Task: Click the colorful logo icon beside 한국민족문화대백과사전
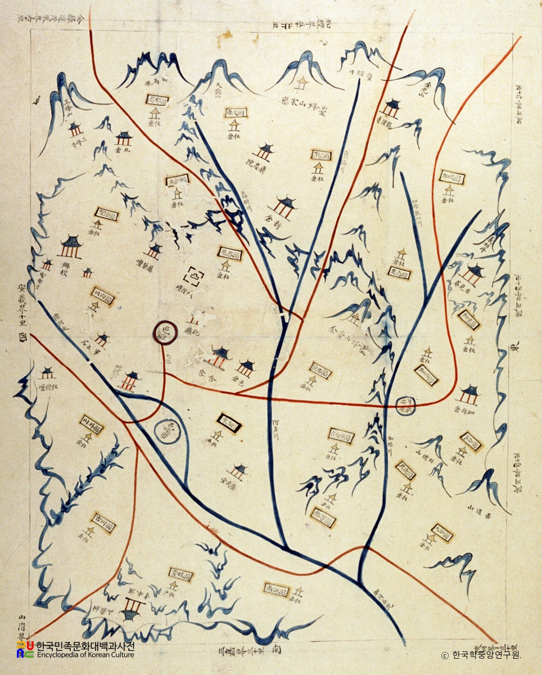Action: (24, 650)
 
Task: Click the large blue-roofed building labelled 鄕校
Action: (71, 246)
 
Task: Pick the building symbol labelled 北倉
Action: (123, 138)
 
